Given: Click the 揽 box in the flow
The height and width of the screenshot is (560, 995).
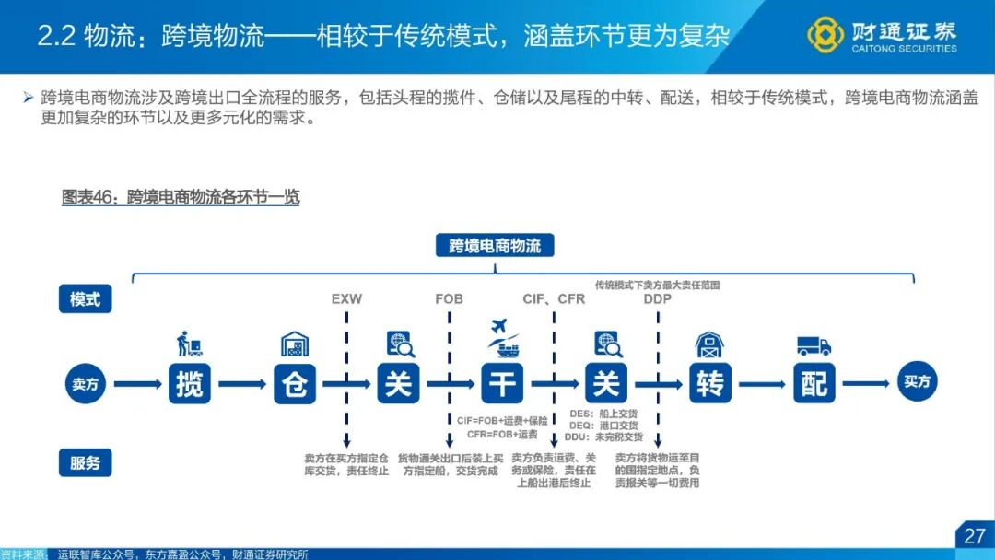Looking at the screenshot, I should (x=189, y=383).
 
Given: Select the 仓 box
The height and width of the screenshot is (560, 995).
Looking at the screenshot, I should (x=294, y=383).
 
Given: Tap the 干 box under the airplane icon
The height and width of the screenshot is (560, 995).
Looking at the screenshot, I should (x=502, y=383).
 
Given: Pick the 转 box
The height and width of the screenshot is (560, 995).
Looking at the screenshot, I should (x=710, y=383).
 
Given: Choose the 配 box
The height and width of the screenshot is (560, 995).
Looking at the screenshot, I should (x=814, y=383).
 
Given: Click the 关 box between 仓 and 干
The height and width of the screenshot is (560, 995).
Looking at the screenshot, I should (x=398, y=383).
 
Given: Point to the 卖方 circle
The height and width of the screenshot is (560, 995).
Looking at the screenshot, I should (x=86, y=384).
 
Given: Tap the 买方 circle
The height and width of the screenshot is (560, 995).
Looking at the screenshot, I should (x=918, y=382).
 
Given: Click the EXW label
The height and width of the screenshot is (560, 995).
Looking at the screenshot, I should (x=346, y=299).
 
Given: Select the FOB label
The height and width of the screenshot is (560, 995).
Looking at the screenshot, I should (x=450, y=299).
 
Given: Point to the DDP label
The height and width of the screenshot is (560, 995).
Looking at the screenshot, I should (x=658, y=299).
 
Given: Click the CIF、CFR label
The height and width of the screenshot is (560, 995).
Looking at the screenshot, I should (x=554, y=299).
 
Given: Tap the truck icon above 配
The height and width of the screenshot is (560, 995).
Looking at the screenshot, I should (x=814, y=345).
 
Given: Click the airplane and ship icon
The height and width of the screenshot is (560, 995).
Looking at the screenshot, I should (x=502, y=339).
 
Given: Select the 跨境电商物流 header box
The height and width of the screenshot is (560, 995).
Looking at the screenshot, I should (x=495, y=246).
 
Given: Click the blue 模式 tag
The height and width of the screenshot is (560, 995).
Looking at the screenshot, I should (x=86, y=299).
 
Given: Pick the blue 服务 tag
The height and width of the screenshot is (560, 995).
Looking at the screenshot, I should (x=86, y=463).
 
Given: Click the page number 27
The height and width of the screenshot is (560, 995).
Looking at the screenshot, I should (x=974, y=536).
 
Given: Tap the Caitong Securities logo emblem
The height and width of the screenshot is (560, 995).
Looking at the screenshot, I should (x=825, y=35).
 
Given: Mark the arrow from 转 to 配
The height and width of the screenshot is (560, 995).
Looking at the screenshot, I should (x=762, y=384).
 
